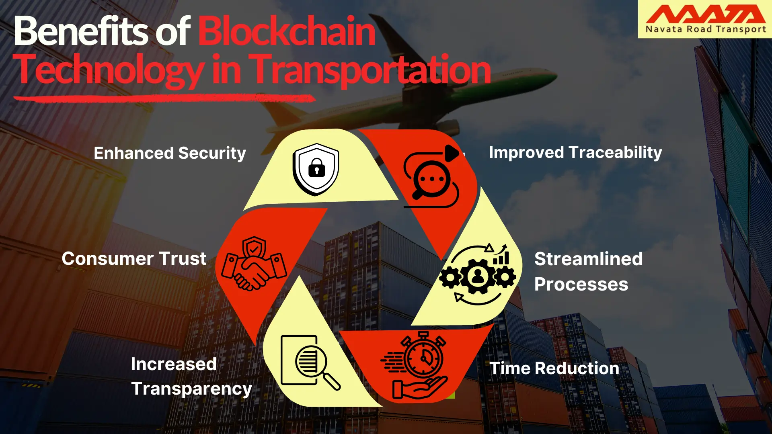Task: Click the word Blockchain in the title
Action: pos(287,31)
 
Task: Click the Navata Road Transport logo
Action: pos(705,19)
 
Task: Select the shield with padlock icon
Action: pos(316,169)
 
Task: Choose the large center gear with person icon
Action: pos(478,276)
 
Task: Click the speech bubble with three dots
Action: pos(431,179)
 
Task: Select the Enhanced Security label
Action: pos(170,153)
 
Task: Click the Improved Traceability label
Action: pos(575,153)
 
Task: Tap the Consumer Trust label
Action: pos(134,259)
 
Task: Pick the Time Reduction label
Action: pos(554,368)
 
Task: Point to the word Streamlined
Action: pos(588,259)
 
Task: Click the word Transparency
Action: pos(191,389)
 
